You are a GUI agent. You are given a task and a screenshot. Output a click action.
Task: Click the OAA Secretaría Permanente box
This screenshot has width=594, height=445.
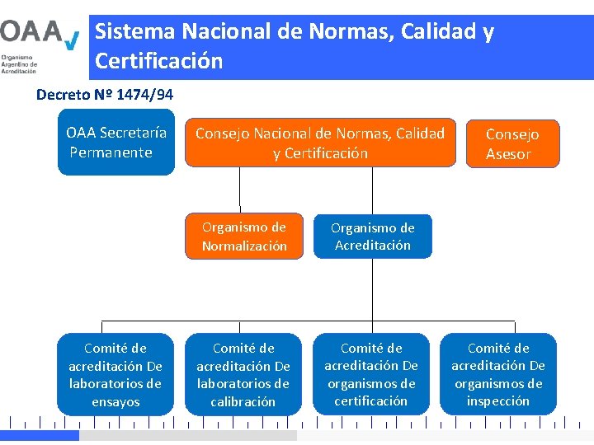(x=115, y=142)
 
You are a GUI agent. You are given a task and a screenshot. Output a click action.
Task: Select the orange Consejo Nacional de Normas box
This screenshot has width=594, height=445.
(x=320, y=143)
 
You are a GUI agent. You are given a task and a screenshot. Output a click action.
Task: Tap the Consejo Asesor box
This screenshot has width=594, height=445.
(x=511, y=143)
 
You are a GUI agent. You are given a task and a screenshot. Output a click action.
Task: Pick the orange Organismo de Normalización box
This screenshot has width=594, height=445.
(x=244, y=237)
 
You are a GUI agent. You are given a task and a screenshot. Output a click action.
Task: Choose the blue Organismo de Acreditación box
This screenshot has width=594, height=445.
(x=372, y=237)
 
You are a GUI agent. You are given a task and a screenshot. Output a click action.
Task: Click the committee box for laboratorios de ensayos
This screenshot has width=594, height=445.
(x=115, y=375)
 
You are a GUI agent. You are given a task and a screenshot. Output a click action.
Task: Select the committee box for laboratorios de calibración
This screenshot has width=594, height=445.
(x=243, y=375)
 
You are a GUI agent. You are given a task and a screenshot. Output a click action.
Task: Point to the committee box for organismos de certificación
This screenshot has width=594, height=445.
(x=371, y=375)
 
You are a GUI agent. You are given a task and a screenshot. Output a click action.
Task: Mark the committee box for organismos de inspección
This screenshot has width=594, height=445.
(x=498, y=375)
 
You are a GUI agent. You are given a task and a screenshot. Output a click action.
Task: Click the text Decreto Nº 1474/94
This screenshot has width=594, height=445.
(x=105, y=94)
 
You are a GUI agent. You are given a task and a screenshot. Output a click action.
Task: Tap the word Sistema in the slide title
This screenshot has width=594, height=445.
(x=135, y=32)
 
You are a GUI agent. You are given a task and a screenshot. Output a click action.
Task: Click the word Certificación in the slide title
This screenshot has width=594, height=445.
(x=159, y=61)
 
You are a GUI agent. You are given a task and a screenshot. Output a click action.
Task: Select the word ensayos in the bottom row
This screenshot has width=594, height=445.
(x=115, y=402)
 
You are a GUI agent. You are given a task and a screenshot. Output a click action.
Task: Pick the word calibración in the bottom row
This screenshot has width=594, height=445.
(x=243, y=402)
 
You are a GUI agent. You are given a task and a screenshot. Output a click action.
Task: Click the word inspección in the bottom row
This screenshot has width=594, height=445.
(x=498, y=401)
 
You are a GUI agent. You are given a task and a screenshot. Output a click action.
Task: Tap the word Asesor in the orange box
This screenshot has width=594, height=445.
(x=508, y=154)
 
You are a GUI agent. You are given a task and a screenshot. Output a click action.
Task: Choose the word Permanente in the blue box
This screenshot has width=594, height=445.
(x=111, y=152)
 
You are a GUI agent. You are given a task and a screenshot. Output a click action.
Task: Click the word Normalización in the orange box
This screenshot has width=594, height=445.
(x=244, y=246)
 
